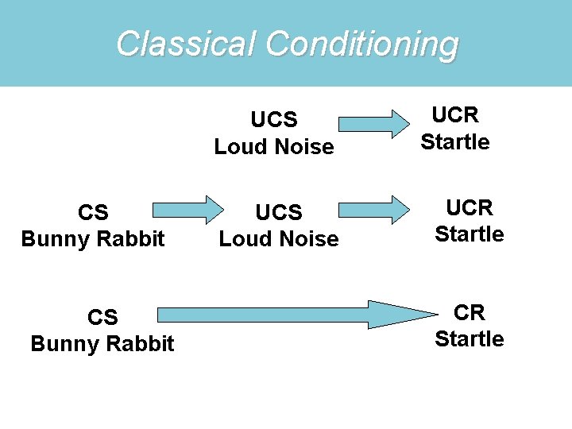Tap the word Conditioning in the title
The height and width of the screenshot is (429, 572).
tap(362, 44)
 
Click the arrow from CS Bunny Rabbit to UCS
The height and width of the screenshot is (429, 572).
tap(188, 210)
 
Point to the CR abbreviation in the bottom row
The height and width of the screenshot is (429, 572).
tap(469, 312)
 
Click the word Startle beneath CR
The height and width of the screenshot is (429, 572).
tap(469, 339)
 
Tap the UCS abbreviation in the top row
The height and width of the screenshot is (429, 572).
tap(274, 120)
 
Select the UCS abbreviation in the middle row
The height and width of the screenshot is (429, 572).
tap(279, 212)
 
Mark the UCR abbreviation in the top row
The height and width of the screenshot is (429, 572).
tap(455, 115)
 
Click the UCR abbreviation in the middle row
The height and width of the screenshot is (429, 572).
tap(470, 207)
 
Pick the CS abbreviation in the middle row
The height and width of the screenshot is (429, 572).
tap(93, 212)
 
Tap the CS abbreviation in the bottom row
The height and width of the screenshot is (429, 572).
tap(102, 317)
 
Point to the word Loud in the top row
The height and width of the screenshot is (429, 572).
tap(238, 147)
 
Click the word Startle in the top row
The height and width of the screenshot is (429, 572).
tap(455, 142)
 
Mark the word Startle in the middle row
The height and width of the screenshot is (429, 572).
tap(470, 234)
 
